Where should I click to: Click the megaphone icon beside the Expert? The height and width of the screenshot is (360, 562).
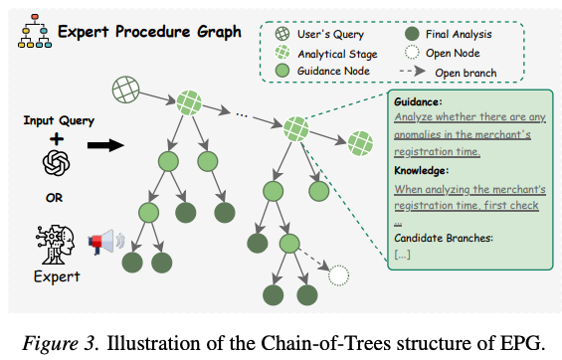tap(106, 242)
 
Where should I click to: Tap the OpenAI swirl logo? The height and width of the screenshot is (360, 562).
tap(57, 163)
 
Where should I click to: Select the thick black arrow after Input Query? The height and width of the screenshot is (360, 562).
tap(105, 145)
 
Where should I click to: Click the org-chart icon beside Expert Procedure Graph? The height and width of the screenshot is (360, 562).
tap(35, 31)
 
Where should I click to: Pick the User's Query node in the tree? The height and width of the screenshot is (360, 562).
tap(125, 90)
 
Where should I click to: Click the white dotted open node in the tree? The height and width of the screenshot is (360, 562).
tap(338, 275)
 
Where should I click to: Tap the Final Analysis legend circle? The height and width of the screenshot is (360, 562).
tap(412, 34)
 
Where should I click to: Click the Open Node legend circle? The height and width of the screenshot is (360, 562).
tap(412, 53)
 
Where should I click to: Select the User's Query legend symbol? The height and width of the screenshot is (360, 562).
tap(282, 34)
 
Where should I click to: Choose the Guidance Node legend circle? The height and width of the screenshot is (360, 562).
tap(282, 71)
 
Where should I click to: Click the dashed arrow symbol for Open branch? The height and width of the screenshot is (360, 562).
tap(412, 71)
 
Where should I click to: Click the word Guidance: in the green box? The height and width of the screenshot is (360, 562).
tap(418, 102)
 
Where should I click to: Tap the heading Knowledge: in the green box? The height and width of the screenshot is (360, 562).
tap(421, 170)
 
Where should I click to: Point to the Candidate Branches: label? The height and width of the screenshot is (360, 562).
tap(444, 238)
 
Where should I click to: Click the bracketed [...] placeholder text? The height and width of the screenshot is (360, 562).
tap(402, 255)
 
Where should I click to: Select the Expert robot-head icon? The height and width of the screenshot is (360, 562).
tap(55, 245)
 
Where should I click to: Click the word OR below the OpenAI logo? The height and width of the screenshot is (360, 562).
tap(54, 198)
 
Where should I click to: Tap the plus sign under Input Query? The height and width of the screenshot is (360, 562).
tap(57, 139)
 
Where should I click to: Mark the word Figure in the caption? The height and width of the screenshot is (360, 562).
tap(52, 344)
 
